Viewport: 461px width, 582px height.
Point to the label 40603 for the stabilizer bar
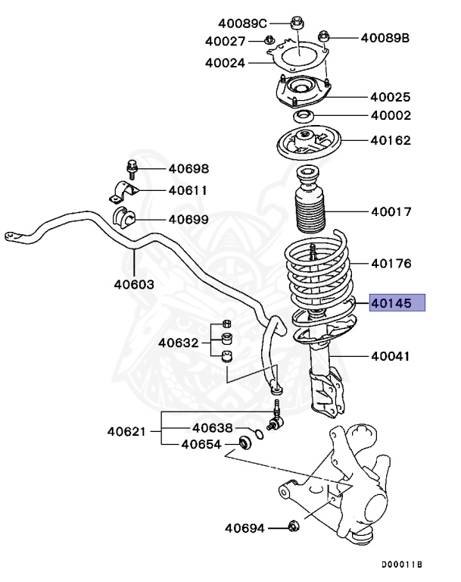click(x=134, y=284)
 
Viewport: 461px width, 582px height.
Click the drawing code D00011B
click(x=401, y=565)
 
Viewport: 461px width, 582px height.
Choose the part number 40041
click(x=391, y=355)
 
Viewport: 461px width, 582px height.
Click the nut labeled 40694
click(x=294, y=526)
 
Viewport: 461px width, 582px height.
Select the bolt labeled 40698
click(x=130, y=167)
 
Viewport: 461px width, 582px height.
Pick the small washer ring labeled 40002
click(x=304, y=115)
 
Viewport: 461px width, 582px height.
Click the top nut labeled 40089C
click(x=297, y=23)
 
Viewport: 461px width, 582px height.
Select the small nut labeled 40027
click(x=269, y=41)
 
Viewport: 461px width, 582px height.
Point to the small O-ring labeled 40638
click(x=259, y=434)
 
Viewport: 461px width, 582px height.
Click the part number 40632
click(x=178, y=343)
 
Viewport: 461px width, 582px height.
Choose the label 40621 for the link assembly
click(x=126, y=432)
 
